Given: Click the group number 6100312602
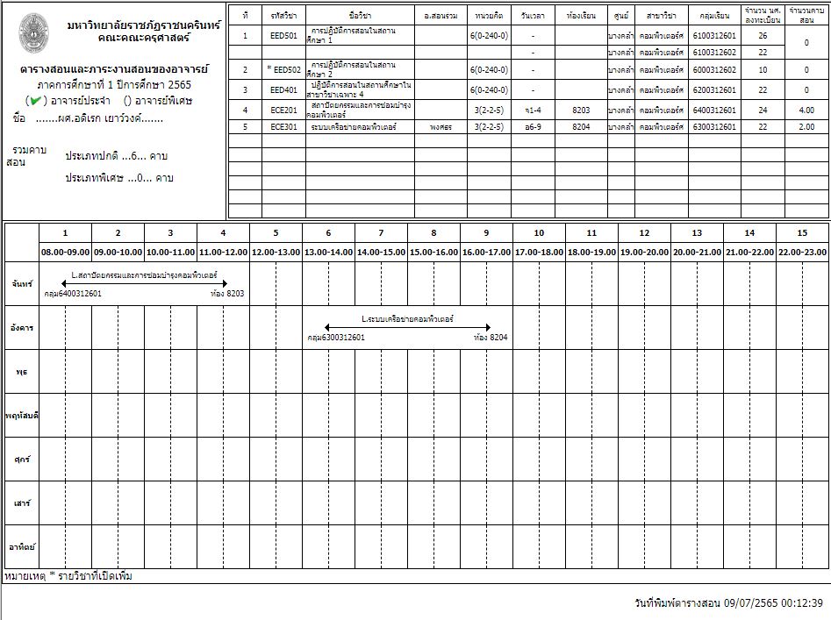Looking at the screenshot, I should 713,53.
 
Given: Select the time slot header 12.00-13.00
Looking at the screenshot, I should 276,252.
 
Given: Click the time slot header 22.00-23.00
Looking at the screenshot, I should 802,252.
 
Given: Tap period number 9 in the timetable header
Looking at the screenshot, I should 486,232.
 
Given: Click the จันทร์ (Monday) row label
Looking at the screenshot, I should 21,284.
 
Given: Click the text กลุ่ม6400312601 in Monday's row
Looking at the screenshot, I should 73,294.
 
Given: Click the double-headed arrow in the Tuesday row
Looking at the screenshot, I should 407,327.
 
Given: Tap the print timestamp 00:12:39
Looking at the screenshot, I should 802,603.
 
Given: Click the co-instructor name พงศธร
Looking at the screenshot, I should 441,126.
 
